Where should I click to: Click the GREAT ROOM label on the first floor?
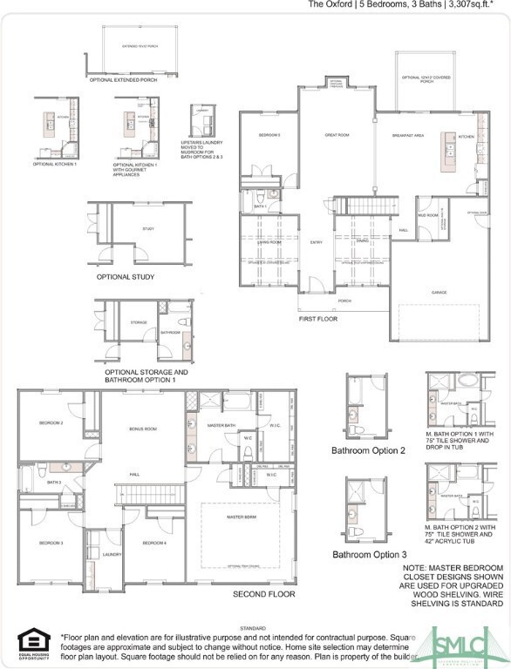pos(337,135)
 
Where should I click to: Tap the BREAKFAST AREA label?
pos(408,135)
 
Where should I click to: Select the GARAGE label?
pos(439,292)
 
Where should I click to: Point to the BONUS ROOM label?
pos(143,429)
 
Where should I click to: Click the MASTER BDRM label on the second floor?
pos(241,517)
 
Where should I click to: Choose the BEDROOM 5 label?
pos(269,135)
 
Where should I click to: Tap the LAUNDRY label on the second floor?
pos(111,554)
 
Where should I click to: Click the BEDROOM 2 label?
pos(51,422)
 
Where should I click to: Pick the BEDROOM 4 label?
pos(154,543)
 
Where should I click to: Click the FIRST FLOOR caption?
pos(318,319)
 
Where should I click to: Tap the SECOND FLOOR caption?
pos(263,594)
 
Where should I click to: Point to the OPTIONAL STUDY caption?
pos(126,277)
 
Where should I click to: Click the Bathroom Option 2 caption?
pos(368,450)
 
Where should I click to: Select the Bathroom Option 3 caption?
pos(368,555)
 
